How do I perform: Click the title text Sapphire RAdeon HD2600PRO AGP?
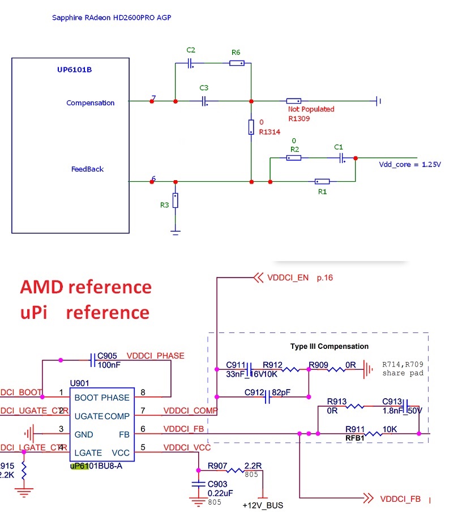tap(112, 18)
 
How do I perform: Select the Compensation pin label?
tap(90, 103)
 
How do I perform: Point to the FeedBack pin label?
tap(87, 169)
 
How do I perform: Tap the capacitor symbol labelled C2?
tap(191, 63)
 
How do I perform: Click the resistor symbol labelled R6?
tap(237, 63)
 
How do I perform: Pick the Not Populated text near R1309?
tap(311, 109)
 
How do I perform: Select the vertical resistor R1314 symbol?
tap(251, 127)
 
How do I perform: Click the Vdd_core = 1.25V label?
tap(410, 165)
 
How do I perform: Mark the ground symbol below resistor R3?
tap(176, 231)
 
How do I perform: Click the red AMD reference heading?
tap(86, 287)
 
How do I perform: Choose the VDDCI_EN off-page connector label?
tap(288, 278)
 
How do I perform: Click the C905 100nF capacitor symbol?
tap(92, 360)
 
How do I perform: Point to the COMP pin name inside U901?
tap(117, 416)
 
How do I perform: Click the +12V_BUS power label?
tap(262, 505)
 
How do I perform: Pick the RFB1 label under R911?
tap(356, 438)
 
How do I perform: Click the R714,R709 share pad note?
tap(403, 369)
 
